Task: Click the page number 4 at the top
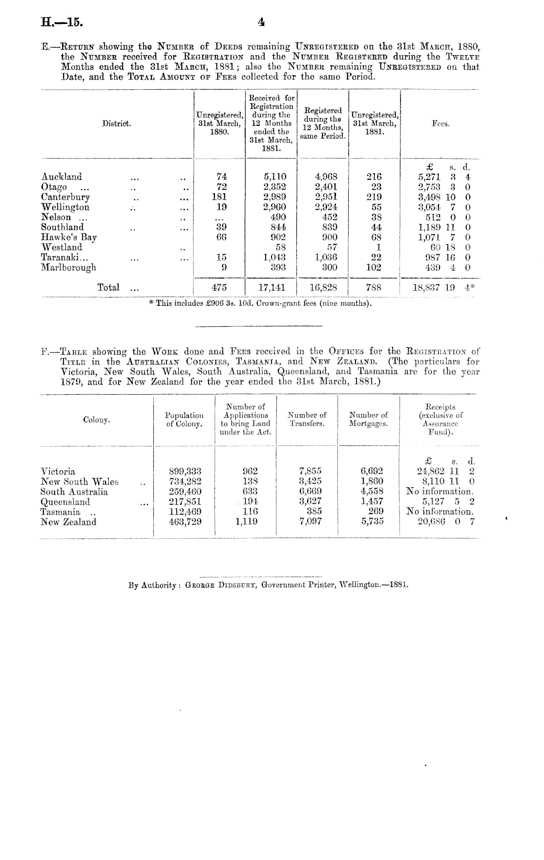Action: click(x=262, y=22)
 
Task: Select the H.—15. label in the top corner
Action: click(x=62, y=22)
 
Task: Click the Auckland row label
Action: click(x=62, y=177)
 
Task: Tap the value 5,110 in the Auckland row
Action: click(x=275, y=177)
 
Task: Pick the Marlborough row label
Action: click(x=68, y=267)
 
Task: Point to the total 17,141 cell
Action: click(x=272, y=287)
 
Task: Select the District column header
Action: click(x=116, y=124)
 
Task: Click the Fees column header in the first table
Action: click(x=440, y=124)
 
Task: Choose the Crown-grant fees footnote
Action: click(x=260, y=303)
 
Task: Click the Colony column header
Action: click(x=97, y=420)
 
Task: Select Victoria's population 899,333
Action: click(x=185, y=471)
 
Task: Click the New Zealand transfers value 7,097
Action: click(x=310, y=522)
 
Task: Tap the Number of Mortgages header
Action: click(x=368, y=419)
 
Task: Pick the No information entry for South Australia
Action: click(x=440, y=492)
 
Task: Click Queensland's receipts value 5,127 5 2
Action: click(x=448, y=501)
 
